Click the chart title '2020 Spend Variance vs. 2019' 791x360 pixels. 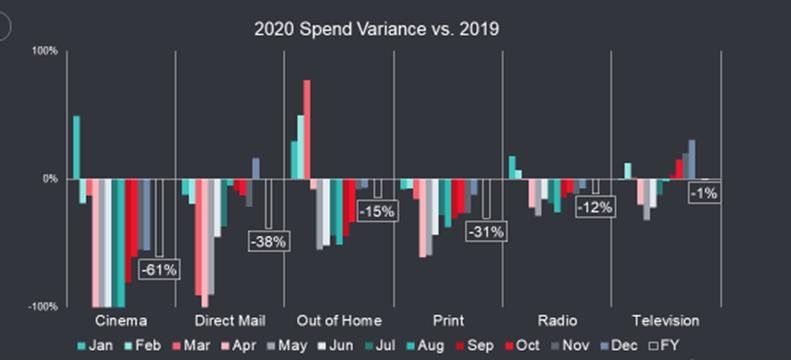point(377,29)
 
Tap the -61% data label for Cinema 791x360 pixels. point(158,269)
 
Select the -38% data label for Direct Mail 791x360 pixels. point(268,241)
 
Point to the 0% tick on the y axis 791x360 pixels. point(51,178)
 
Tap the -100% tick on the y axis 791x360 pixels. point(46,307)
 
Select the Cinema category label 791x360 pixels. point(121,321)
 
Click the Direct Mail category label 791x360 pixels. point(230,321)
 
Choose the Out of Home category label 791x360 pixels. point(339,321)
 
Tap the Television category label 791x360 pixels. point(666,321)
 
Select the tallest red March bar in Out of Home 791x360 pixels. point(307,129)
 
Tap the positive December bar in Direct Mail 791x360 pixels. point(256,168)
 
